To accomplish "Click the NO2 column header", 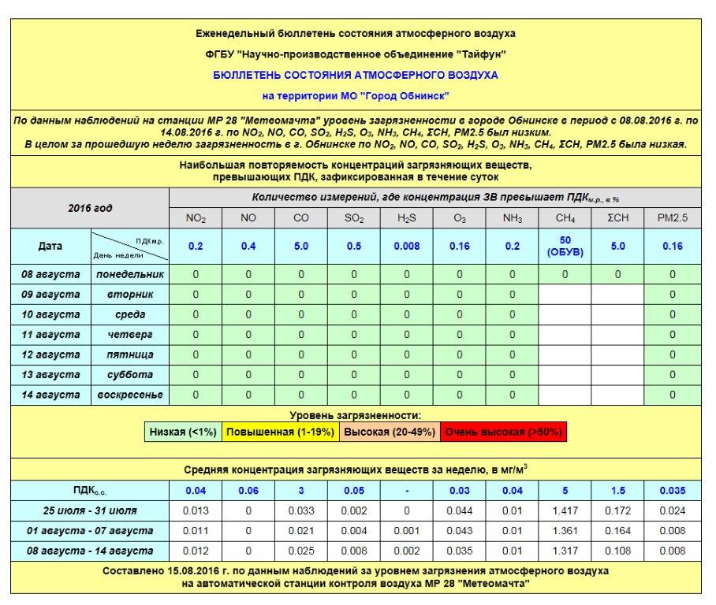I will coord(196,218).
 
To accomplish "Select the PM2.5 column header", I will coord(672,218).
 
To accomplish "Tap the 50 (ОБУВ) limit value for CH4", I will coord(565,245).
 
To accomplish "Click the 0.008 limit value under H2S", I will coord(407,246).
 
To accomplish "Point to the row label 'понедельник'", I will coord(130,274).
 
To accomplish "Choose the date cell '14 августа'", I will coord(51,395).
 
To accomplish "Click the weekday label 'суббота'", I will coord(130,375).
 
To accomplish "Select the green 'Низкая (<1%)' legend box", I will coord(182,432).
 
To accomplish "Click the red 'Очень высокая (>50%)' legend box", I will coord(504,432).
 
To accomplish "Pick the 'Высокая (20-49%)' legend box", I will coord(389,432).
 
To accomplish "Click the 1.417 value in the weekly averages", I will coord(565,510).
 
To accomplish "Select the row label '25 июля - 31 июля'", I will coord(90,510).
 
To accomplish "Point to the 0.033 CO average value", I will coord(301,510).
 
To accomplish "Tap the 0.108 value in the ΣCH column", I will coord(618,551).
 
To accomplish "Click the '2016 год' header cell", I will coord(90,209).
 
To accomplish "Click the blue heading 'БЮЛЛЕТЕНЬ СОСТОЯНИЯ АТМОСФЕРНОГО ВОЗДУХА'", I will coord(356,75).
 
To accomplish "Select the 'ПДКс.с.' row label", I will coord(90,490).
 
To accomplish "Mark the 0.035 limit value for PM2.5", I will coord(672,490).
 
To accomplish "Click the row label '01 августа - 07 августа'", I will coord(90,530).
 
